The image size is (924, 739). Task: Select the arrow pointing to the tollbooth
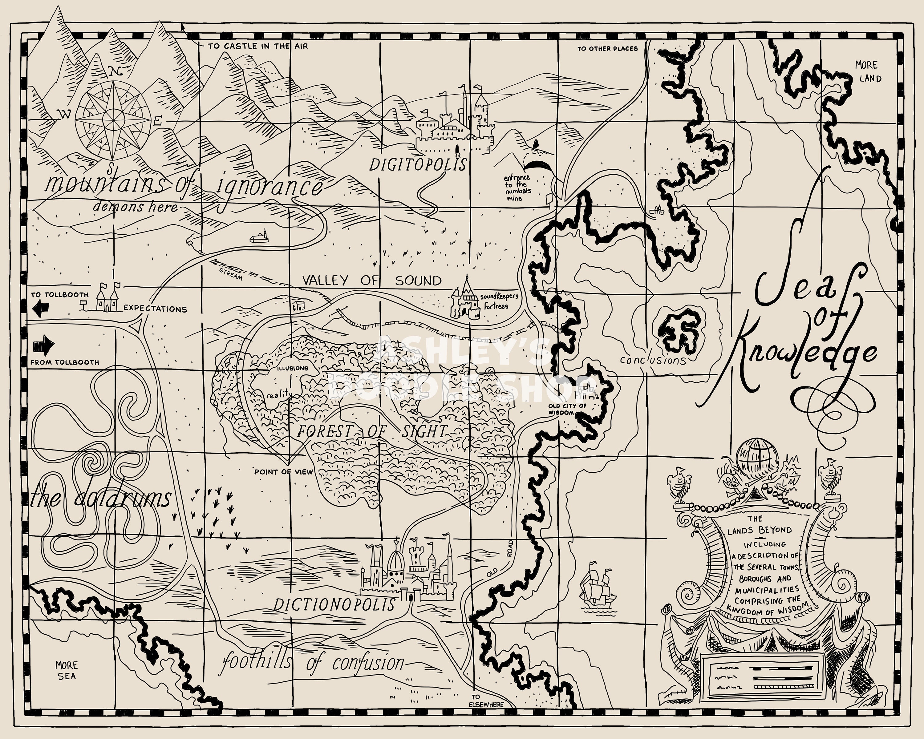(x=41, y=308)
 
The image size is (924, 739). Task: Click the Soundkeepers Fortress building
(x=465, y=300)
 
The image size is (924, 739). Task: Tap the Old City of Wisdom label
(x=567, y=409)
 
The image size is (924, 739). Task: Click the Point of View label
(x=283, y=472)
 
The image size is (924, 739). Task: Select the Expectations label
(x=155, y=309)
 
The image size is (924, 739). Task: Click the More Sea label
(x=67, y=670)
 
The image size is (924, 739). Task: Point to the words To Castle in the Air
(x=257, y=46)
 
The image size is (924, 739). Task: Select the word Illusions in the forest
(x=292, y=368)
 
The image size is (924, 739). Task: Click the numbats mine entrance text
(x=517, y=188)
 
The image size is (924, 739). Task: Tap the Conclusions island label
(x=653, y=360)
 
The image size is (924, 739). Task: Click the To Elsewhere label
(x=486, y=701)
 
